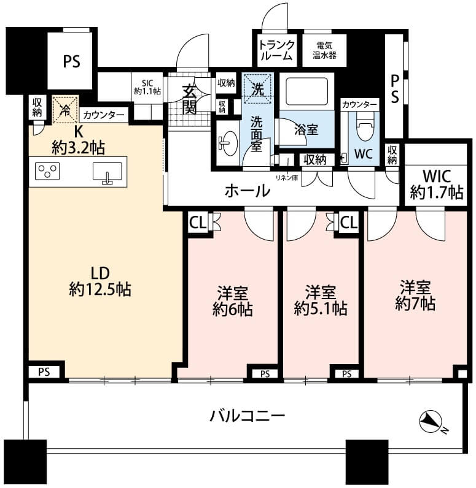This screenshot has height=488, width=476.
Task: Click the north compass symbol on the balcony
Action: tap(431, 421)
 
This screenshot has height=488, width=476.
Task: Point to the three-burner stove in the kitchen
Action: tap(47, 171)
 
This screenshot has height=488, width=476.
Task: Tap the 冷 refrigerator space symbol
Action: tap(65, 110)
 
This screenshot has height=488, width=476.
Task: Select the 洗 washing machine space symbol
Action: tap(257, 89)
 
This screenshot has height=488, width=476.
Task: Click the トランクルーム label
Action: tap(276, 50)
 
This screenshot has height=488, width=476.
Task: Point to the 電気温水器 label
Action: tap(324, 50)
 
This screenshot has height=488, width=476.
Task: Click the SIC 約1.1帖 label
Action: tap(147, 87)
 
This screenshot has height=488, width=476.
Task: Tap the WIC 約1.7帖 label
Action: tap(437, 185)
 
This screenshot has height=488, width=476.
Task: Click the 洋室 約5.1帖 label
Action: tap(321, 300)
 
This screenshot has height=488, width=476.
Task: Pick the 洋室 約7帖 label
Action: tap(416, 295)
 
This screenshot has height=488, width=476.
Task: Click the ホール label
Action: tap(248, 191)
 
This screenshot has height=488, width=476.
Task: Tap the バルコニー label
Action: tap(247, 416)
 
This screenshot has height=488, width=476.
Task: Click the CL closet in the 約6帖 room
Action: tap(198, 223)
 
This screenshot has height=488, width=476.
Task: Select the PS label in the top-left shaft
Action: tap(71, 61)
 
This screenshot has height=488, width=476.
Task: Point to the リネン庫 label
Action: tap(287, 178)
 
